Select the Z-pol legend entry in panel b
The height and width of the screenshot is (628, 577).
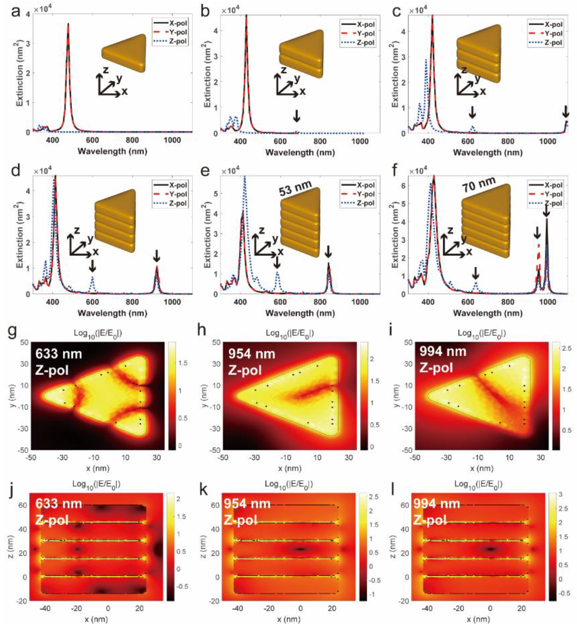359,42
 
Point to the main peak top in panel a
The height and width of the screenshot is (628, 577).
68,24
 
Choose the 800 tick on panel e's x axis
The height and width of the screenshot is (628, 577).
320,302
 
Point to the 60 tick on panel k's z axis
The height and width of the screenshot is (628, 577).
215,505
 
